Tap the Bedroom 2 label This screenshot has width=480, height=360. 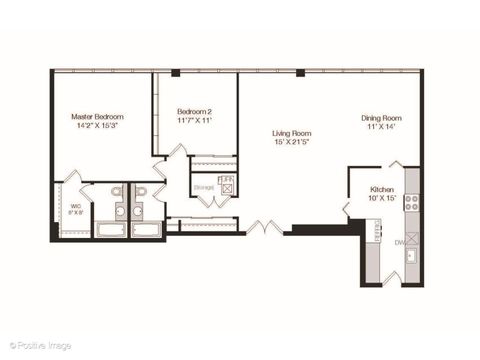[195, 111]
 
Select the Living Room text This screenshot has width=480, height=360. [292, 133]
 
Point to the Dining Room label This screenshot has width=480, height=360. [381, 118]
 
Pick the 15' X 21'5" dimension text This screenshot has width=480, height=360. [292, 142]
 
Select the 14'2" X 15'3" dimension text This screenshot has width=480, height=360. [97, 127]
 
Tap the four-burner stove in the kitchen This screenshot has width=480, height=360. [410, 202]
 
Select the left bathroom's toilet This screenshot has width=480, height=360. [117, 191]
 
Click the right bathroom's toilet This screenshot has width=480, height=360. [141, 191]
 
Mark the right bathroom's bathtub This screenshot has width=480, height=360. [146, 230]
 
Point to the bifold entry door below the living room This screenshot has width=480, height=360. [262, 228]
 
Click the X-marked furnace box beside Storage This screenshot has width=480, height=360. [227, 188]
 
